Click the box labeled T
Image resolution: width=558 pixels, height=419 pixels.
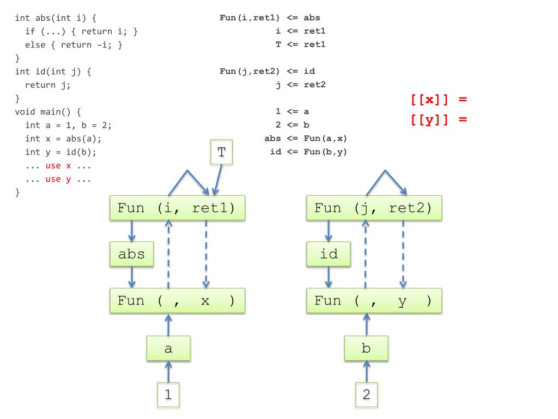pos(221,152)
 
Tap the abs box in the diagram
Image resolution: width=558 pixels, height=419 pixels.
pos(131,254)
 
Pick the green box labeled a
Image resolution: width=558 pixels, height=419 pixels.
pos(168,348)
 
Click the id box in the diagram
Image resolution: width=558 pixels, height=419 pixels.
pos(329,254)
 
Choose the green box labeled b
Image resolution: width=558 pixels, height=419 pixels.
pos(366,348)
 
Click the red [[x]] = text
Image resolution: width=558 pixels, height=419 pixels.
pos(439,100)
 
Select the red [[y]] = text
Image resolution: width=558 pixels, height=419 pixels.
pos(439,119)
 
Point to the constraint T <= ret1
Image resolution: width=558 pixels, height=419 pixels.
pos(300,44)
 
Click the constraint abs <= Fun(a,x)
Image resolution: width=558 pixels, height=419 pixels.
pos(305,138)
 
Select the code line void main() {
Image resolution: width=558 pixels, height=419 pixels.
pos(48,112)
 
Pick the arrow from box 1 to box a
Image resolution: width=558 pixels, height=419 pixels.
pos(168,372)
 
